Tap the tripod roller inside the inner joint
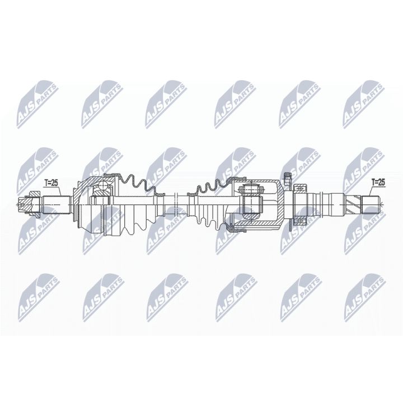250,201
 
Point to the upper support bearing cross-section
300,188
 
